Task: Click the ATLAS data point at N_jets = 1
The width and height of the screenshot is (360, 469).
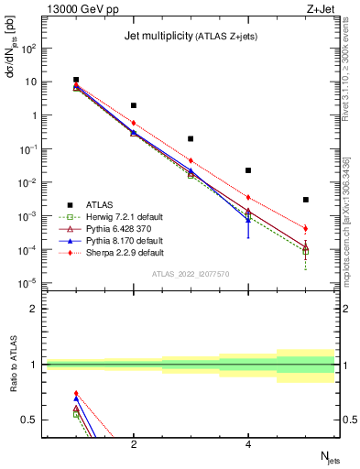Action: click(76, 81)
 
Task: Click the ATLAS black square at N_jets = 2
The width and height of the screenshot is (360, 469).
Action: click(134, 105)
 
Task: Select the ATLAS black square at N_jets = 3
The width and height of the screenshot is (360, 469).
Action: click(191, 139)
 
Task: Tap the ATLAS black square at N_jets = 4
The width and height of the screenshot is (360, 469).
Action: click(248, 170)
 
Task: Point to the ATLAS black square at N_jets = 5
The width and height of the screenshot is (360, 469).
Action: click(306, 200)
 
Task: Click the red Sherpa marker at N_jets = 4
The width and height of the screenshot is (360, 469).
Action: click(248, 197)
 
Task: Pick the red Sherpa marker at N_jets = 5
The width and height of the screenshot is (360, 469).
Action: click(306, 228)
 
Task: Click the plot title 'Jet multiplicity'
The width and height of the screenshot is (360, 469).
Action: click(157, 36)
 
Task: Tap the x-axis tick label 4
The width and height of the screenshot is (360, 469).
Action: click(248, 444)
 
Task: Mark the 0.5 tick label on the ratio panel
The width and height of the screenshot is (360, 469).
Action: click(33, 420)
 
